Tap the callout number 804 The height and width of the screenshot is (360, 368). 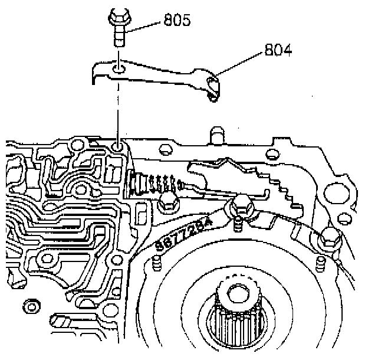[x=278, y=51]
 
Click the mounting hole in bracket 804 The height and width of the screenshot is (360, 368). [x=119, y=70]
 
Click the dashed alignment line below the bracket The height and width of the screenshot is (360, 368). [x=119, y=109]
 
